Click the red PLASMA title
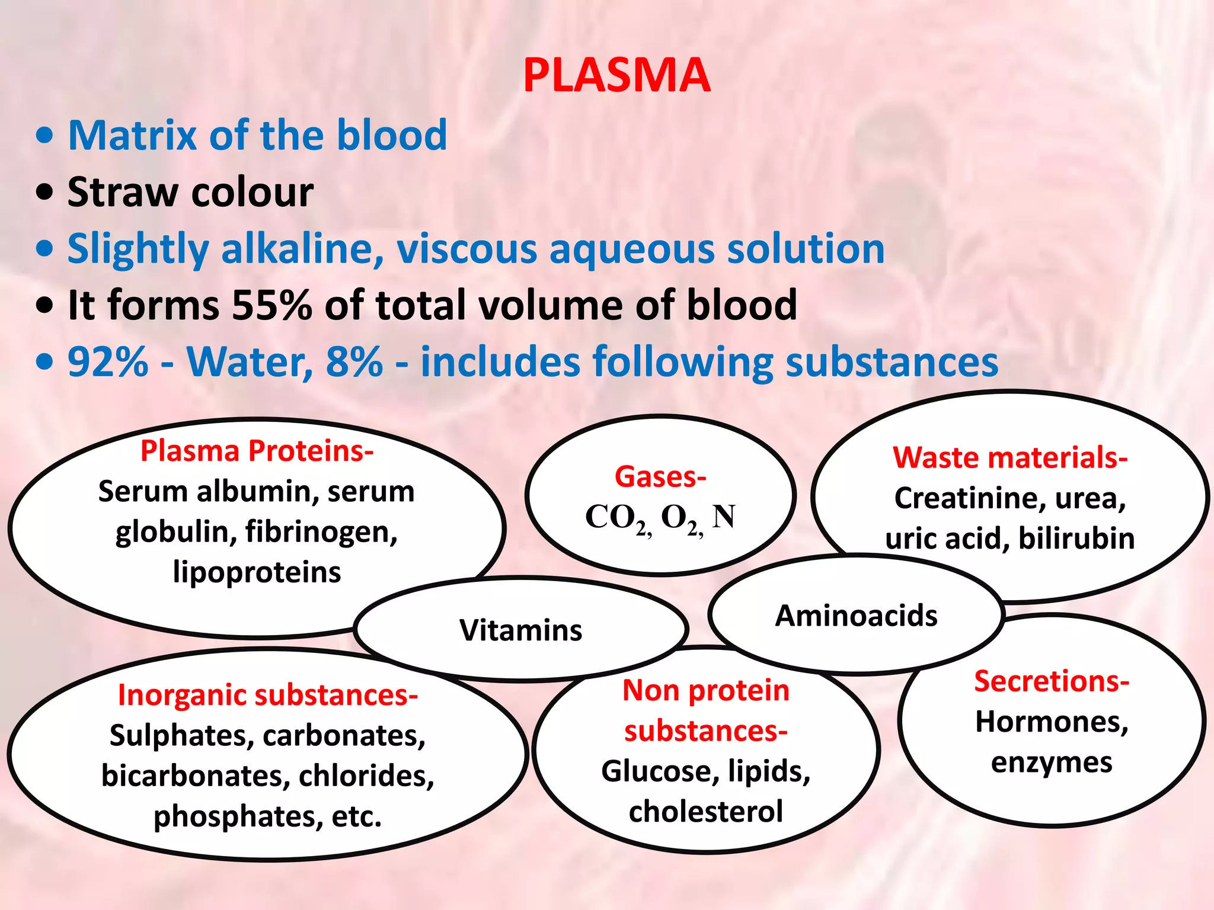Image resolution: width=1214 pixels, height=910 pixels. (616, 76)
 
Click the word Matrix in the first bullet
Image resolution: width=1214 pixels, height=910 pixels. (132, 135)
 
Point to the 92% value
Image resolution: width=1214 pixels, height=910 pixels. (107, 361)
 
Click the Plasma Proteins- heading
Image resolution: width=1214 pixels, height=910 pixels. (257, 451)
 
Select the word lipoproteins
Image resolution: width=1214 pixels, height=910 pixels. (257, 572)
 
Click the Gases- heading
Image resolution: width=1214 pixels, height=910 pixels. (660, 477)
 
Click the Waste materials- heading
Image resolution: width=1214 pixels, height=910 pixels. (1010, 457)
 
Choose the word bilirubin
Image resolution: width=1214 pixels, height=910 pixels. (1076, 539)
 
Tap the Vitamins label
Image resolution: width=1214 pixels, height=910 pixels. (520, 630)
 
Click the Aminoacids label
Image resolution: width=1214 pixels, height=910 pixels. (856, 616)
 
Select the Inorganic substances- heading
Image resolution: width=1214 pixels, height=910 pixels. (268, 695)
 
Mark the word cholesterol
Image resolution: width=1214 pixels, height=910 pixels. (705, 812)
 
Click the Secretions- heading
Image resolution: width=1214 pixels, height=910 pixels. (1052, 681)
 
